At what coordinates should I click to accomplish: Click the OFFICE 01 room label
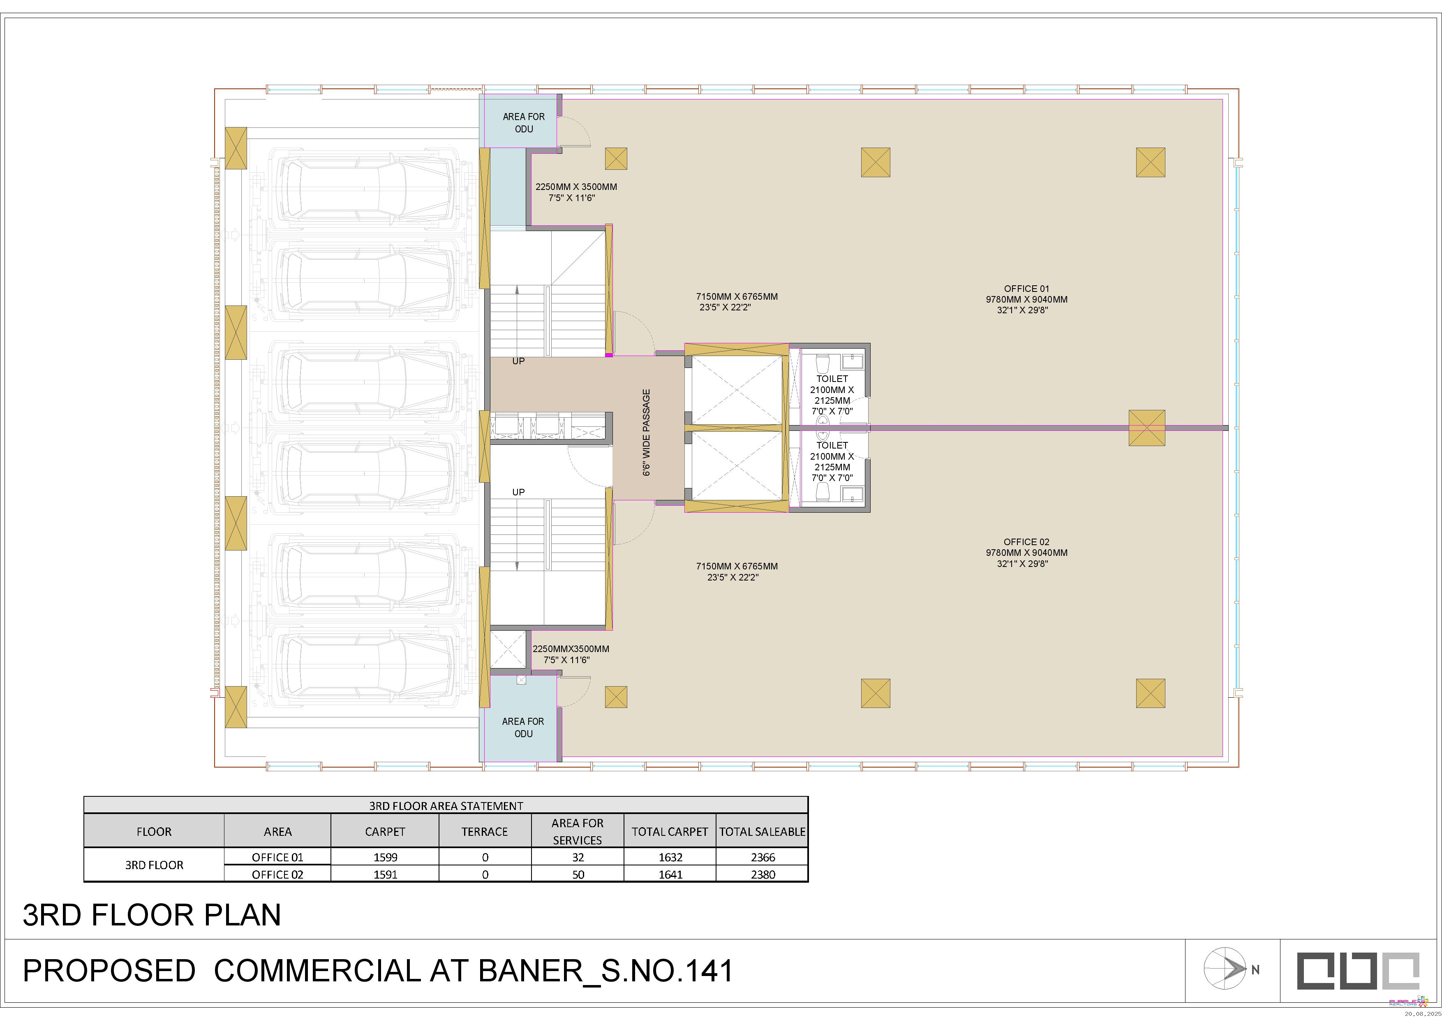point(1026,289)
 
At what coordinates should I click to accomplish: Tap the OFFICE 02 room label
point(1026,542)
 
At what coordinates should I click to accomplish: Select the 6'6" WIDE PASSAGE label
point(646,432)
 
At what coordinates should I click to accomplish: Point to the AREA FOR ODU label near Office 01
point(524,123)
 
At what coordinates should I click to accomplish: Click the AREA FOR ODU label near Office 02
point(523,727)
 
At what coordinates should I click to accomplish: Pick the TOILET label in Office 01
point(832,379)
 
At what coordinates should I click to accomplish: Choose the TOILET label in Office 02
point(832,445)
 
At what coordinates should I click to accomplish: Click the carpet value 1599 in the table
point(385,857)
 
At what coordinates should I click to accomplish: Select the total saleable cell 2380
point(763,874)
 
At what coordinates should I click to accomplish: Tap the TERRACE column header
point(484,832)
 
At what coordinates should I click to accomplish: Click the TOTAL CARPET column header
point(670,832)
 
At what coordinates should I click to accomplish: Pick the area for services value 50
point(578,874)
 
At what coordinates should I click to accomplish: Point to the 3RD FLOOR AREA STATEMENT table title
point(446,806)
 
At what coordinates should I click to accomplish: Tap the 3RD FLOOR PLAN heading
point(152,915)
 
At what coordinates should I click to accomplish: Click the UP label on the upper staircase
point(518,361)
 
